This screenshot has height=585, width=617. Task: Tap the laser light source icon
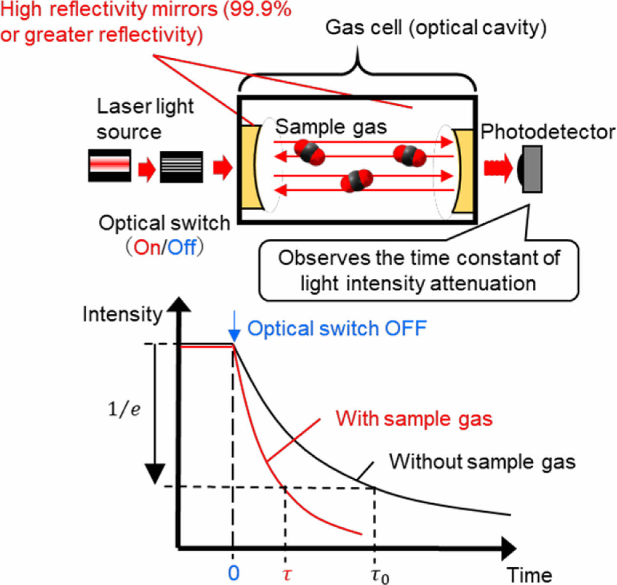[x=109, y=166]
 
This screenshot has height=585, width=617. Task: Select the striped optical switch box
[x=181, y=167]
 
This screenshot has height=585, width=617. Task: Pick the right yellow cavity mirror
[x=462, y=170]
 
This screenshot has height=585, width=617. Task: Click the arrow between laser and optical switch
[x=146, y=169]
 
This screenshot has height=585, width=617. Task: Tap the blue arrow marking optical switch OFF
[x=235, y=328]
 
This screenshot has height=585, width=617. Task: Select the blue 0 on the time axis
[x=234, y=572]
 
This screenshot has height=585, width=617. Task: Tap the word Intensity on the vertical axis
[x=122, y=314]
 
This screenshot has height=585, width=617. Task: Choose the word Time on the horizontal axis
[x=529, y=574]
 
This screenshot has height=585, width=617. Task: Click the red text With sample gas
[x=414, y=419]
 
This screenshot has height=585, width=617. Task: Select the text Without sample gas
[x=482, y=462]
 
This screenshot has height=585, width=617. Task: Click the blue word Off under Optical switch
[x=181, y=248]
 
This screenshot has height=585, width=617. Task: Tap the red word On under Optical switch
[x=147, y=248]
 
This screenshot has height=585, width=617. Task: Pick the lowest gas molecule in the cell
[x=357, y=181]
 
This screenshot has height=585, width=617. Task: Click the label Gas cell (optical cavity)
[x=435, y=27]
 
